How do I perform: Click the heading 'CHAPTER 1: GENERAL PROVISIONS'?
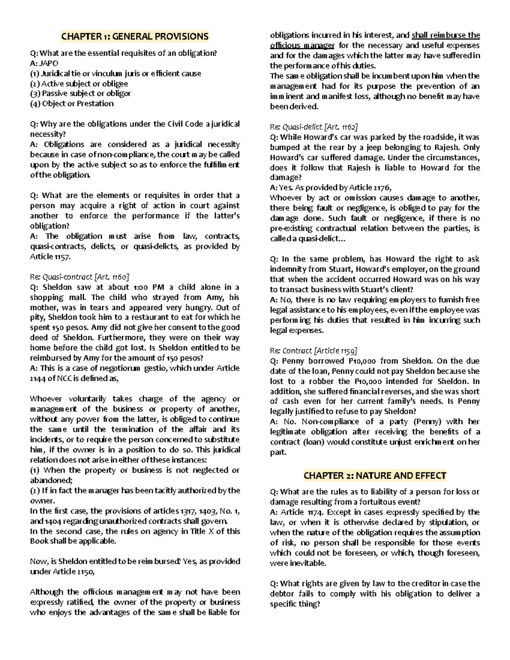click(x=135, y=36)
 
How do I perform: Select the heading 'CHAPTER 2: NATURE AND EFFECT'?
click(x=375, y=475)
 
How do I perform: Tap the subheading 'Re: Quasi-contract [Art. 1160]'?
click(x=79, y=277)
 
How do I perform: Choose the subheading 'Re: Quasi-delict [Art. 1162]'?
click(x=314, y=127)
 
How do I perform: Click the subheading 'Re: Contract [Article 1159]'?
click(x=314, y=351)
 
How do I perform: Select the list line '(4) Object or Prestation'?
click(x=72, y=104)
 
